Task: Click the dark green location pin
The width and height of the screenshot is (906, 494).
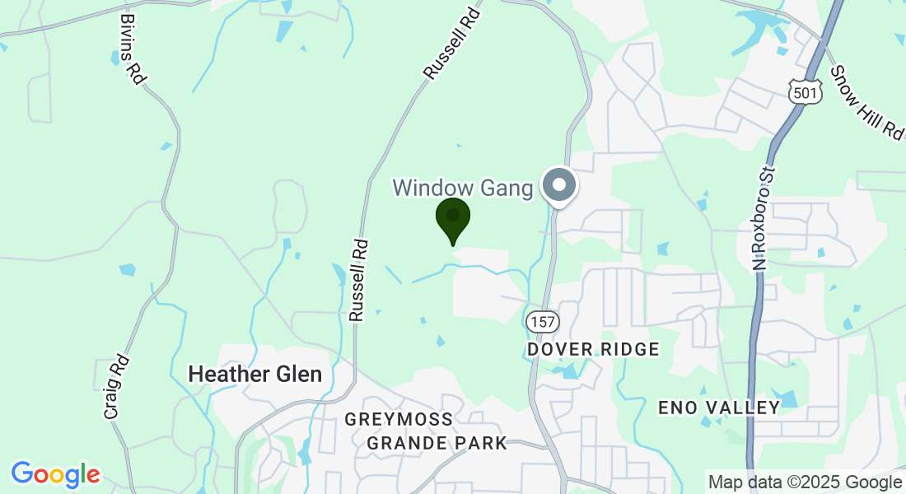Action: point(452,218)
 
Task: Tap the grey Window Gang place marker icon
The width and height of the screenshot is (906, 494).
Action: point(560,185)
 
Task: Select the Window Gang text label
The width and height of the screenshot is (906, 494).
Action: point(463,188)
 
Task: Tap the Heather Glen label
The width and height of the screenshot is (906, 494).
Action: point(255,374)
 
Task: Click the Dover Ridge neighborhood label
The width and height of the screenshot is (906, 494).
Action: point(593,349)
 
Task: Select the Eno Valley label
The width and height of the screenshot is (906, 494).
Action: point(719,407)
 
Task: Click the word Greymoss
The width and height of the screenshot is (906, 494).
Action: point(399,419)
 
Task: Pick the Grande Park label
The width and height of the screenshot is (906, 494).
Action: point(437,443)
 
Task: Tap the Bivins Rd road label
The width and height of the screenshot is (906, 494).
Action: point(132,47)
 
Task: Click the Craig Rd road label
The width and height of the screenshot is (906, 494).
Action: point(117,387)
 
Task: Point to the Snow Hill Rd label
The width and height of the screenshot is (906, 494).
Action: point(866,102)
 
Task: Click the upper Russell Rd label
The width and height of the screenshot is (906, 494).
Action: point(451,44)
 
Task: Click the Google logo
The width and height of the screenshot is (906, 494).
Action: point(55,474)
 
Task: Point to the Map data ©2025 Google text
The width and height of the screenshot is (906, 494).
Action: point(805,482)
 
